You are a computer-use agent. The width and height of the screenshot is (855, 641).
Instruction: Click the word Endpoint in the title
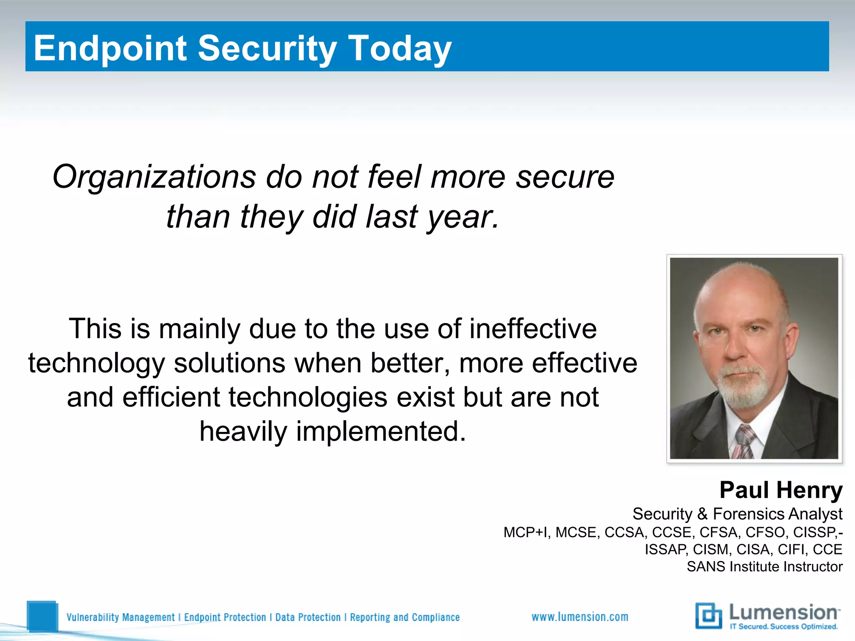click(x=110, y=48)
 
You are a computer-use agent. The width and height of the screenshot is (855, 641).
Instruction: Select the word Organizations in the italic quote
click(x=154, y=177)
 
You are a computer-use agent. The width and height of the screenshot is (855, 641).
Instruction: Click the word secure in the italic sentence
click(x=565, y=177)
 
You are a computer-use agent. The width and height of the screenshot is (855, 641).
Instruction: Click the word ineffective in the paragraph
click(x=533, y=329)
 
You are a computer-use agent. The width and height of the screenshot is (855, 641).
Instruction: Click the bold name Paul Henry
click(x=781, y=490)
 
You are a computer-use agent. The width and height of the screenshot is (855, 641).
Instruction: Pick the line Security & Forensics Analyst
click(x=737, y=514)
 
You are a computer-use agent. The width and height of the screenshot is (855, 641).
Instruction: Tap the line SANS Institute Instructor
click(x=764, y=567)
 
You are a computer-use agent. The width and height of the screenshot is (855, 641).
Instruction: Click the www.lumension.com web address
click(x=579, y=617)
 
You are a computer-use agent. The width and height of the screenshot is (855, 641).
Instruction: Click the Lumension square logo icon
click(x=708, y=616)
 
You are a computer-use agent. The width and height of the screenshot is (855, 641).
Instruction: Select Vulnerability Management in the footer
click(x=121, y=617)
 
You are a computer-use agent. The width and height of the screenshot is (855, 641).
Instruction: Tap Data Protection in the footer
click(x=308, y=617)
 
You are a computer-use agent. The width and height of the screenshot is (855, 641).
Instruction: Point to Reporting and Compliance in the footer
click(x=405, y=617)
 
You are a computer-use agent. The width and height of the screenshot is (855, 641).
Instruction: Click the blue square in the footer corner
click(x=42, y=616)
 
